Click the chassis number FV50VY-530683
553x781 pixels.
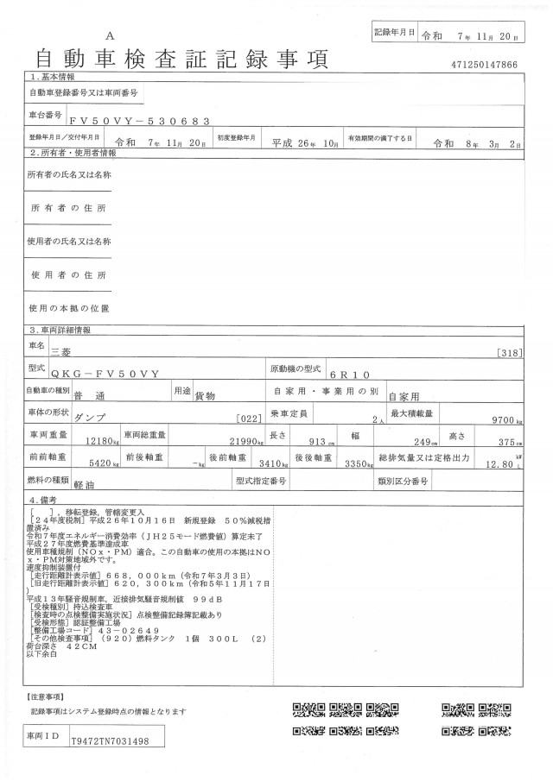point(137,122)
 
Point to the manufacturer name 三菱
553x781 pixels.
point(62,351)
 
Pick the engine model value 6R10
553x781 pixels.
point(349,375)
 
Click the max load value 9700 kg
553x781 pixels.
point(506,419)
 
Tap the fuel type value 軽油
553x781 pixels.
point(85,487)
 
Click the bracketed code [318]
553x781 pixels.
point(512,352)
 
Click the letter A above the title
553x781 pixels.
point(110,35)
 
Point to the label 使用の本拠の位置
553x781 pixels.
point(68,308)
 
